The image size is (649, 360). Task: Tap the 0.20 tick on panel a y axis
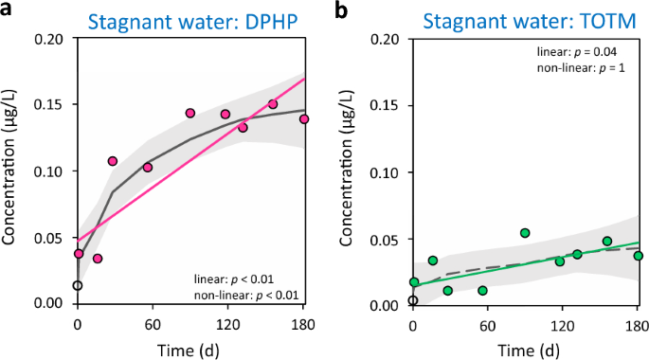(x=52, y=38)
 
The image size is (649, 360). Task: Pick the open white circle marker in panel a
(x=78, y=285)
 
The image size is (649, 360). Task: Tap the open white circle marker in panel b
(x=413, y=300)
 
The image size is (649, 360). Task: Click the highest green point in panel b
(x=525, y=233)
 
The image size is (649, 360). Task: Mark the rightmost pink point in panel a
(x=304, y=119)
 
